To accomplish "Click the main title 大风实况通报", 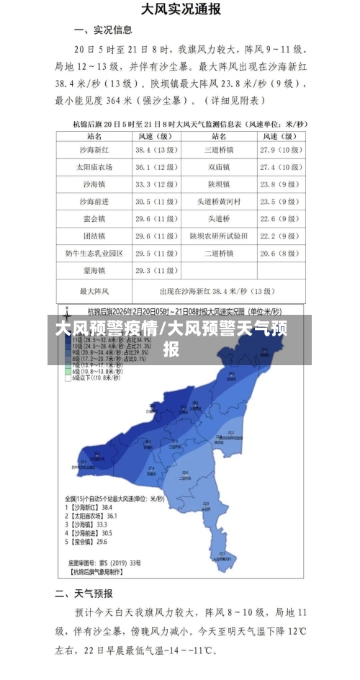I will [x=180, y=10].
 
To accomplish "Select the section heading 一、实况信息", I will [x=104, y=30].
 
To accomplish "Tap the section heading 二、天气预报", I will [x=85, y=594].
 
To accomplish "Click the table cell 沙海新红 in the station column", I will [x=94, y=150].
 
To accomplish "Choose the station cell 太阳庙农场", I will [x=94, y=167].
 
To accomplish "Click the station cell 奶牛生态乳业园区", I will [x=94, y=253].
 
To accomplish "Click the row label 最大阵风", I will [x=94, y=291].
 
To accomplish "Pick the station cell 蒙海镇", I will [x=94, y=270].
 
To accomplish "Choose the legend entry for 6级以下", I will [x=91, y=377].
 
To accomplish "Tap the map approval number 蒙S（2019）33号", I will [x=105, y=562].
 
